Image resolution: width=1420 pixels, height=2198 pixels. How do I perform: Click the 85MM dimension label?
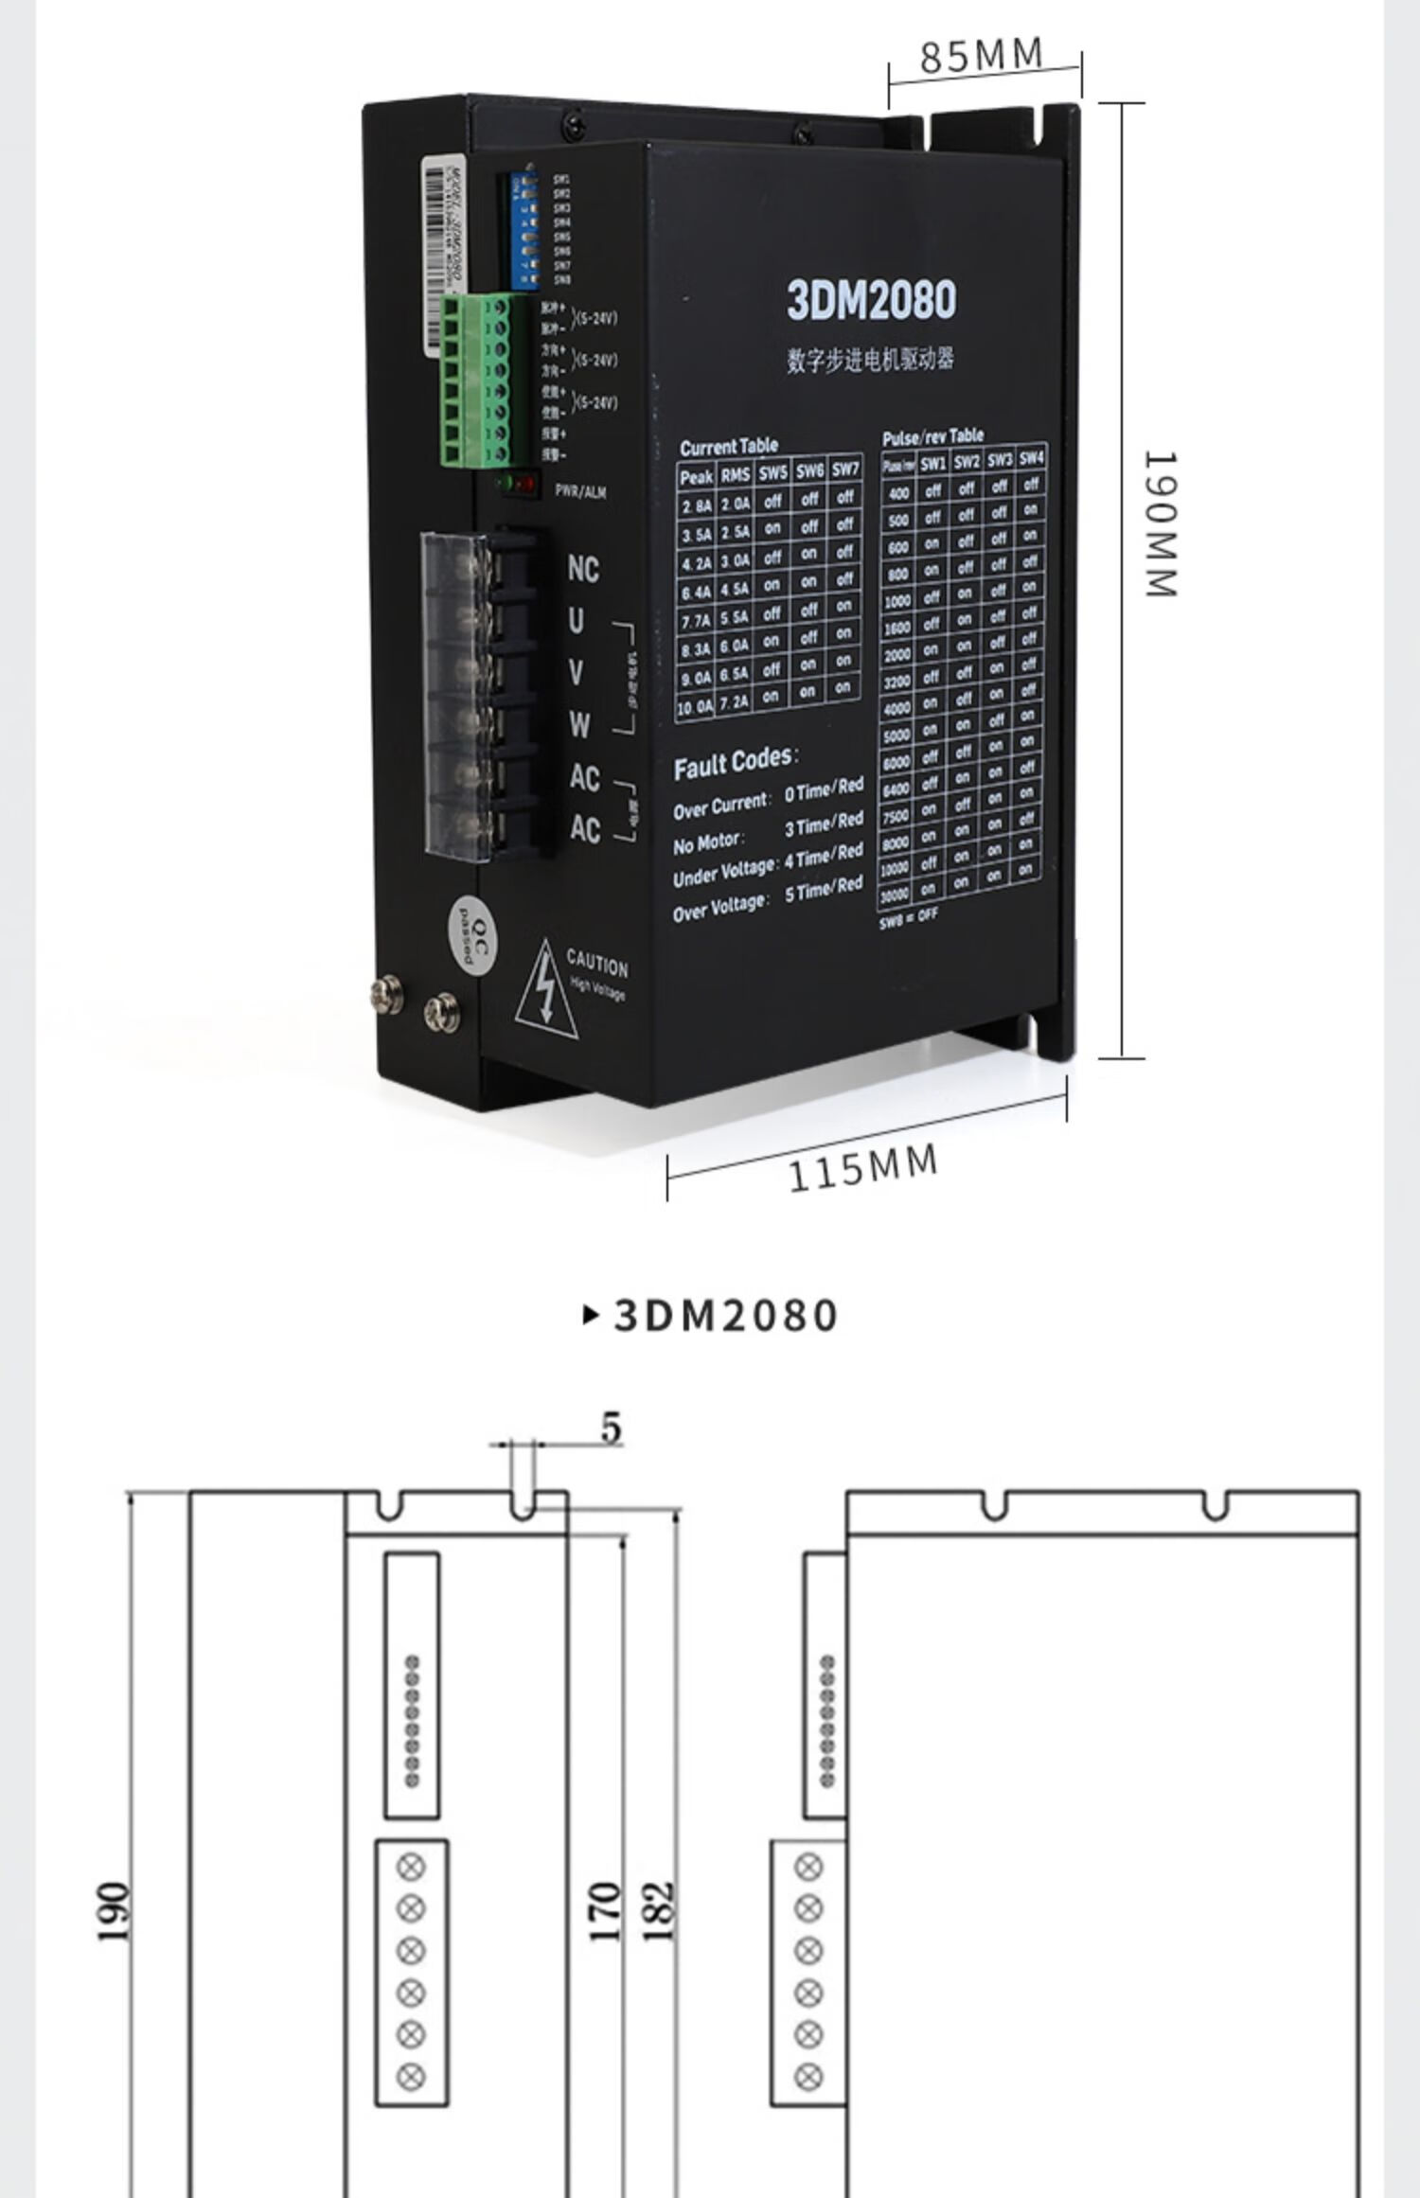coord(981,56)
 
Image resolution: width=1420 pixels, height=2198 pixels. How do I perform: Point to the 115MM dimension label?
coord(862,1166)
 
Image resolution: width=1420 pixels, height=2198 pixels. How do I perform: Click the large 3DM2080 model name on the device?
coord(871,299)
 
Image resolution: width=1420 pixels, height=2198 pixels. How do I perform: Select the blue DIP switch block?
coord(524,230)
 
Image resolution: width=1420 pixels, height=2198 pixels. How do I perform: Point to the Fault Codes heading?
coord(735,762)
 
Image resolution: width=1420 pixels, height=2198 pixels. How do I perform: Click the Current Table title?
coord(728,446)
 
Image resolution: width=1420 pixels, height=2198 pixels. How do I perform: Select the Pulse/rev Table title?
coord(932,436)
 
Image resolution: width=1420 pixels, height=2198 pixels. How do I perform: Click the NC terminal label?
coord(583,570)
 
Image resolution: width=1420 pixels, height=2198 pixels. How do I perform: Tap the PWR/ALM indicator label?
coord(579,491)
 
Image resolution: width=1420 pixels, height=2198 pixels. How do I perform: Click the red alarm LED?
coord(526,485)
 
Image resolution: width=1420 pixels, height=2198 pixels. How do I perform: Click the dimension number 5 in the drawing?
coord(612,1427)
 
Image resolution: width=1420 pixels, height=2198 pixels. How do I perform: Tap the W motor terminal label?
coord(579,725)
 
